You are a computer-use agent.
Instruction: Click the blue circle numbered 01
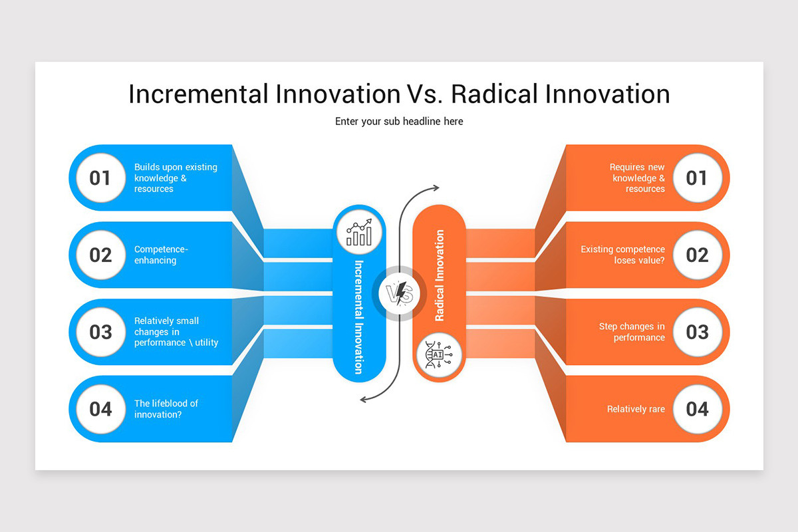(x=100, y=178)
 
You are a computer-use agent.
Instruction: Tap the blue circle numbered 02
(x=100, y=255)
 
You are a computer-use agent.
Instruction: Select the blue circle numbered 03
(x=100, y=332)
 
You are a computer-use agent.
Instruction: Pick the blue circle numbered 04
(x=100, y=408)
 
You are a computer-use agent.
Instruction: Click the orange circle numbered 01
(x=697, y=178)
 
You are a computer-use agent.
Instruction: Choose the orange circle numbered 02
(x=697, y=255)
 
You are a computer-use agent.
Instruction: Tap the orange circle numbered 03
(x=697, y=332)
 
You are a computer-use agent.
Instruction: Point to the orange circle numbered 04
(x=697, y=408)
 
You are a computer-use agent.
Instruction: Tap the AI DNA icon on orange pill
(x=439, y=354)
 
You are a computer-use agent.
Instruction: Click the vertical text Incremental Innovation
(x=359, y=317)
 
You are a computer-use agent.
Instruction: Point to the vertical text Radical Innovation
(x=440, y=275)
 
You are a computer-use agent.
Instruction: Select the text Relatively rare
(x=636, y=409)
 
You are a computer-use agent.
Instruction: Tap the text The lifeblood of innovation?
(x=166, y=409)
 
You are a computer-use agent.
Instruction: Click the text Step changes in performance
(x=632, y=332)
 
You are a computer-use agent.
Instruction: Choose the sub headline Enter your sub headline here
(x=399, y=122)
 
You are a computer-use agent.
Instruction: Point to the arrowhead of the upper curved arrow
(x=436, y=188)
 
